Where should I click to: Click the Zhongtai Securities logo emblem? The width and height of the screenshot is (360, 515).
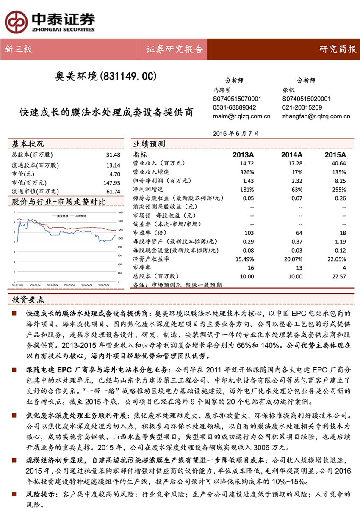click(16, 19)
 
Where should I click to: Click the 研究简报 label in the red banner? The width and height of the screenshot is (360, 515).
click(338, 50)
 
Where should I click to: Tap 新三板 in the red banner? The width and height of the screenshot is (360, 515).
click(18, 50)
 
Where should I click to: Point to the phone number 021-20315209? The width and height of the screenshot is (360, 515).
click(302, 107)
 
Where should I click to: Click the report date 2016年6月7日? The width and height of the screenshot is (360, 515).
click(238, 133)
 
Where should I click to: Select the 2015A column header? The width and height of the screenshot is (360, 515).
click(335, 155)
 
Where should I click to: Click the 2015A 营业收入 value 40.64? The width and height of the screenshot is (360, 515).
click(339, 163)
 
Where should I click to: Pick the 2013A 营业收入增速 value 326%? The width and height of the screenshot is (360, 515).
click(247, 172)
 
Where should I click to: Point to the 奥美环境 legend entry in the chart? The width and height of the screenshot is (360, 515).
click(60, 215)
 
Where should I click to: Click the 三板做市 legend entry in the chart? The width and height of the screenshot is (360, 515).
click(81, 215)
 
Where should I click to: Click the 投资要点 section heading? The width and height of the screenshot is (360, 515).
click(28, 299)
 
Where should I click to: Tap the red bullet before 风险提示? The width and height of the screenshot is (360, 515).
click(15, 494)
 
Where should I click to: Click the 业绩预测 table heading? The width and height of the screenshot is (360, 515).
click(150, 144)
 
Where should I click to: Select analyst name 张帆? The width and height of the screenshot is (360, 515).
click(288, 90)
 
